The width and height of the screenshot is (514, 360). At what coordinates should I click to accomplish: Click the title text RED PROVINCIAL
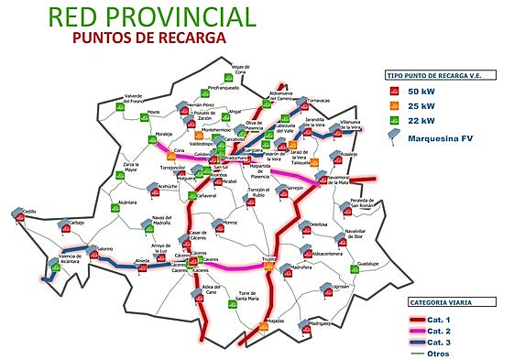pyautogui.click(x=151, y=16)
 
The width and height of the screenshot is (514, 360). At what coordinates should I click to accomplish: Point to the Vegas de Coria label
pyautogui.click(x=241, y=70)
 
